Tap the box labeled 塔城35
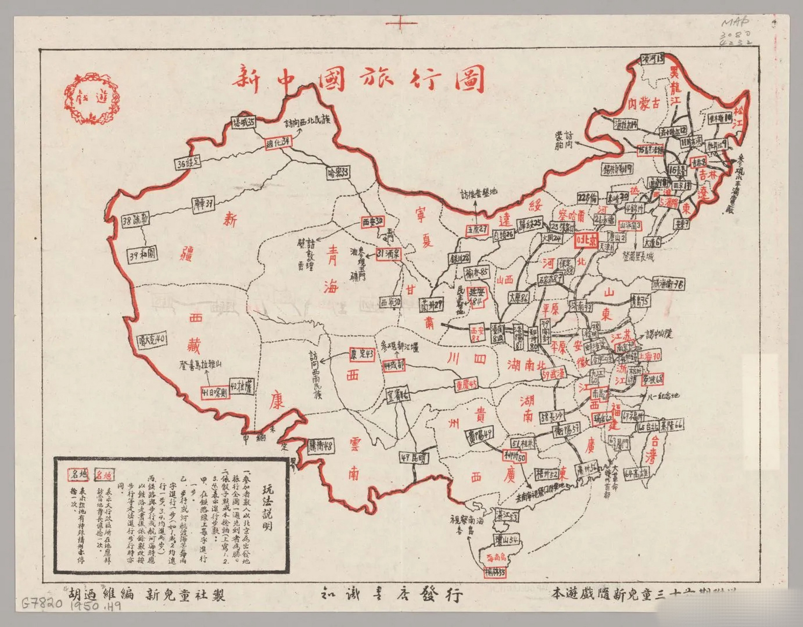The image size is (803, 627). [244, 122]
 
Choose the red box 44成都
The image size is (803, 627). [394, 365]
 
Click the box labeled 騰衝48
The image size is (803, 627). [321, 446]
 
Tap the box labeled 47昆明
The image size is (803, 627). [413, 458]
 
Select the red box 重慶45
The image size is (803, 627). [466, 384]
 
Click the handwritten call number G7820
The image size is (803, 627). [42, 603]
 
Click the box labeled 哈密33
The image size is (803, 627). [340, 173]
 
